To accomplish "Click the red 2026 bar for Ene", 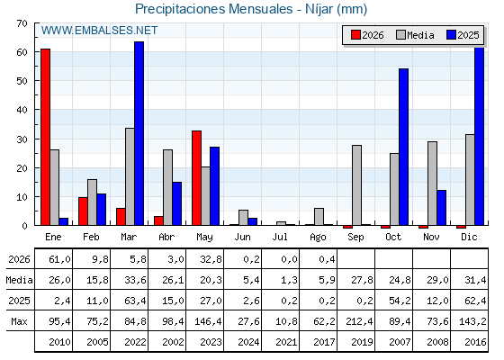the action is pos(45,137).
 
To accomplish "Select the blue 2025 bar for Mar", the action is pos(139,133).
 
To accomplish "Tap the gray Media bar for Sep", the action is pos(356,185).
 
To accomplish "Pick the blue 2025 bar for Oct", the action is pos(404,147).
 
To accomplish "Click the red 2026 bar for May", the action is pos(197,178).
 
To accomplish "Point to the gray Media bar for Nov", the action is pos(432,184).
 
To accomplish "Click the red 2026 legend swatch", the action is pos(355,35).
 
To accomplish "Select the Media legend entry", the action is pos(415,35).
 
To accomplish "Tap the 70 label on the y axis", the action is pos(22,23).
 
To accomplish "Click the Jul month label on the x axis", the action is pos(280,238).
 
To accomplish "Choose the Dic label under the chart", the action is pos(469,238).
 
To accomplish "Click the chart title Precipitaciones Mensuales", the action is pos(214,9).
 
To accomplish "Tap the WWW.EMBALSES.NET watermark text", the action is pos(99,31).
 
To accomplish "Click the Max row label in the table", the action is pos(19,321).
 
